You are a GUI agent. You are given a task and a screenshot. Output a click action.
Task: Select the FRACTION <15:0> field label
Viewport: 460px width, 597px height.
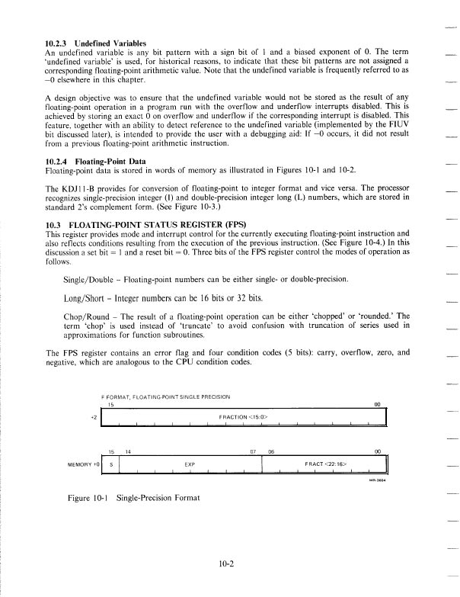click(x=243, y=417)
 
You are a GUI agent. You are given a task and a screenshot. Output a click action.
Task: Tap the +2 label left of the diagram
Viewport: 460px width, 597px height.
click(x=94, y=418)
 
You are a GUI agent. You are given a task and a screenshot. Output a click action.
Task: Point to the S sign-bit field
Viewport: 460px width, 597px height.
click(x=113, y=462)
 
